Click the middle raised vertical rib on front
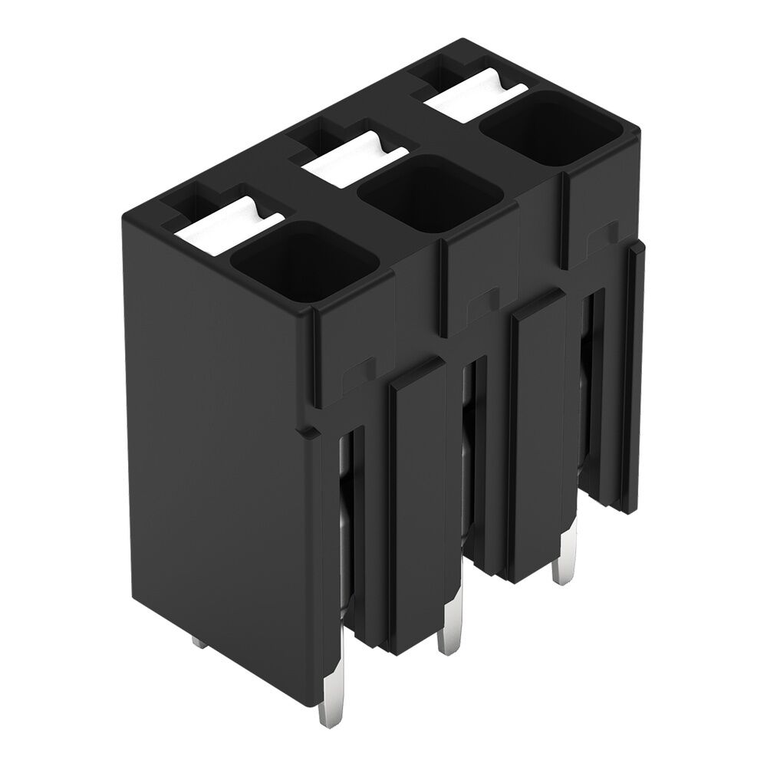537,437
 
